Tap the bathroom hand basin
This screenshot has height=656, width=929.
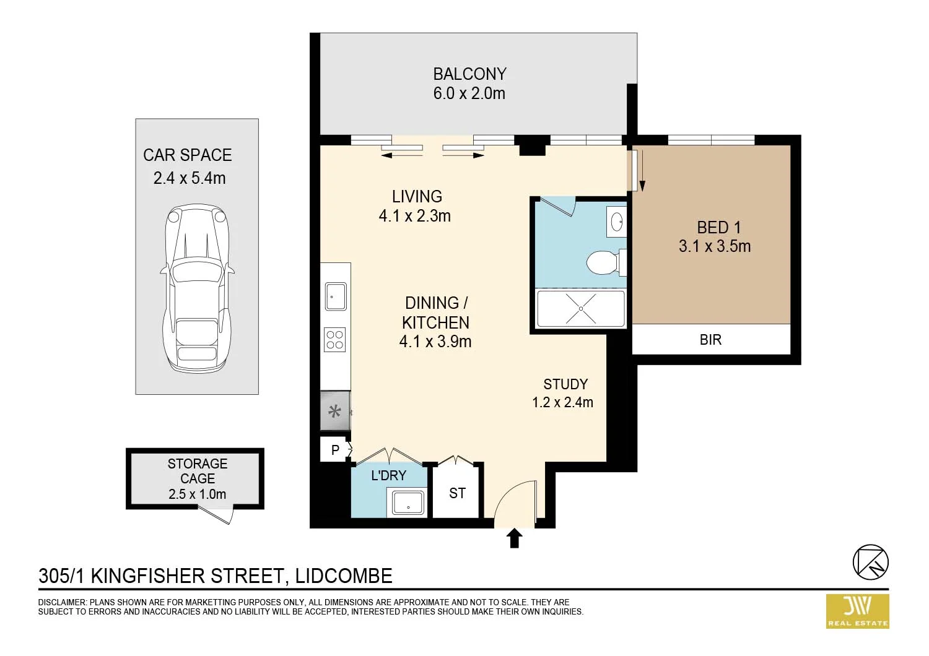click(617, 222)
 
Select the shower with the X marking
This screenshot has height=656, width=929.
click(581, 309)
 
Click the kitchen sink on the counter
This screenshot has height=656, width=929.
click(336, 296)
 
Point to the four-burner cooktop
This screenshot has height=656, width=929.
click(335, 340)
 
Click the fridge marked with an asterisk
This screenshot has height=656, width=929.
click(335, 411)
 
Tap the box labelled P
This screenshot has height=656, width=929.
click(335, 450)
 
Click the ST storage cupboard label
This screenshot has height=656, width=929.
click(457, 493)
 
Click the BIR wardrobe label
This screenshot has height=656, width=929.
click(710, 340)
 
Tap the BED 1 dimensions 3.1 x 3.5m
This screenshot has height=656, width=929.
click(715, 246)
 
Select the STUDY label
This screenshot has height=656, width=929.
click(565, 384)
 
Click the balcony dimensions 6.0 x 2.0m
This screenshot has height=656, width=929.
click(469, 93)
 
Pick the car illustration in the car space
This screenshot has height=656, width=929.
click(197, 288)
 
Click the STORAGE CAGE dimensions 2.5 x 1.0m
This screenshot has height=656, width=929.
click(197, 494)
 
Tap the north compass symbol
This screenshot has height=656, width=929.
click(870, 562)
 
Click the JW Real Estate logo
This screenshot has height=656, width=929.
click(858, 611)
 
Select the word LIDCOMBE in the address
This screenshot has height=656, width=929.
click(344, 576)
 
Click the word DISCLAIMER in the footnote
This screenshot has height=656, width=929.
click(62, 602)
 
